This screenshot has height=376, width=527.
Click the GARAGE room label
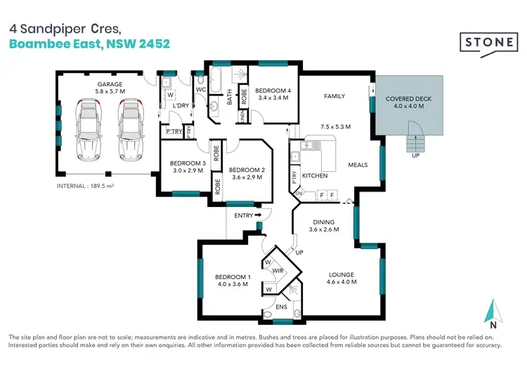pyautogui.click(x=110, y=84)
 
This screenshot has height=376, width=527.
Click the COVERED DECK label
pyautogui.click(x=408, y=99)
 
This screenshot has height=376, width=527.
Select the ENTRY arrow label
pyautogui.click(x=247, y=215)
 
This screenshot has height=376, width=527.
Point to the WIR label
pyautogui.click(x=277, y=269)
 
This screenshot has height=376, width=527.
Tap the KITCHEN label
pyautogui.click(x=315, y=175)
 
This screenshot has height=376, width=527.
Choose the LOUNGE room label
pyautogui.click(x=341, y=274)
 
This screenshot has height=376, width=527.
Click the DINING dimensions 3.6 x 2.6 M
pyautogui.click(x=325, y=229)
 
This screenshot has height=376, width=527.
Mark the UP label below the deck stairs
pyautogui.click(x=416, y=156)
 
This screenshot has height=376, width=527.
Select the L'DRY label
pyautogui.click(x=181, y=106)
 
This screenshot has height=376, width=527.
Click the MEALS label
pyautogui.click(x=358, y=166)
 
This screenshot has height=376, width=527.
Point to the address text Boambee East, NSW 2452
pyautogui.click(x=89, y=43)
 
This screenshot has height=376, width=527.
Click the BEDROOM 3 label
pyautogui.click(x=188, y=163)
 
